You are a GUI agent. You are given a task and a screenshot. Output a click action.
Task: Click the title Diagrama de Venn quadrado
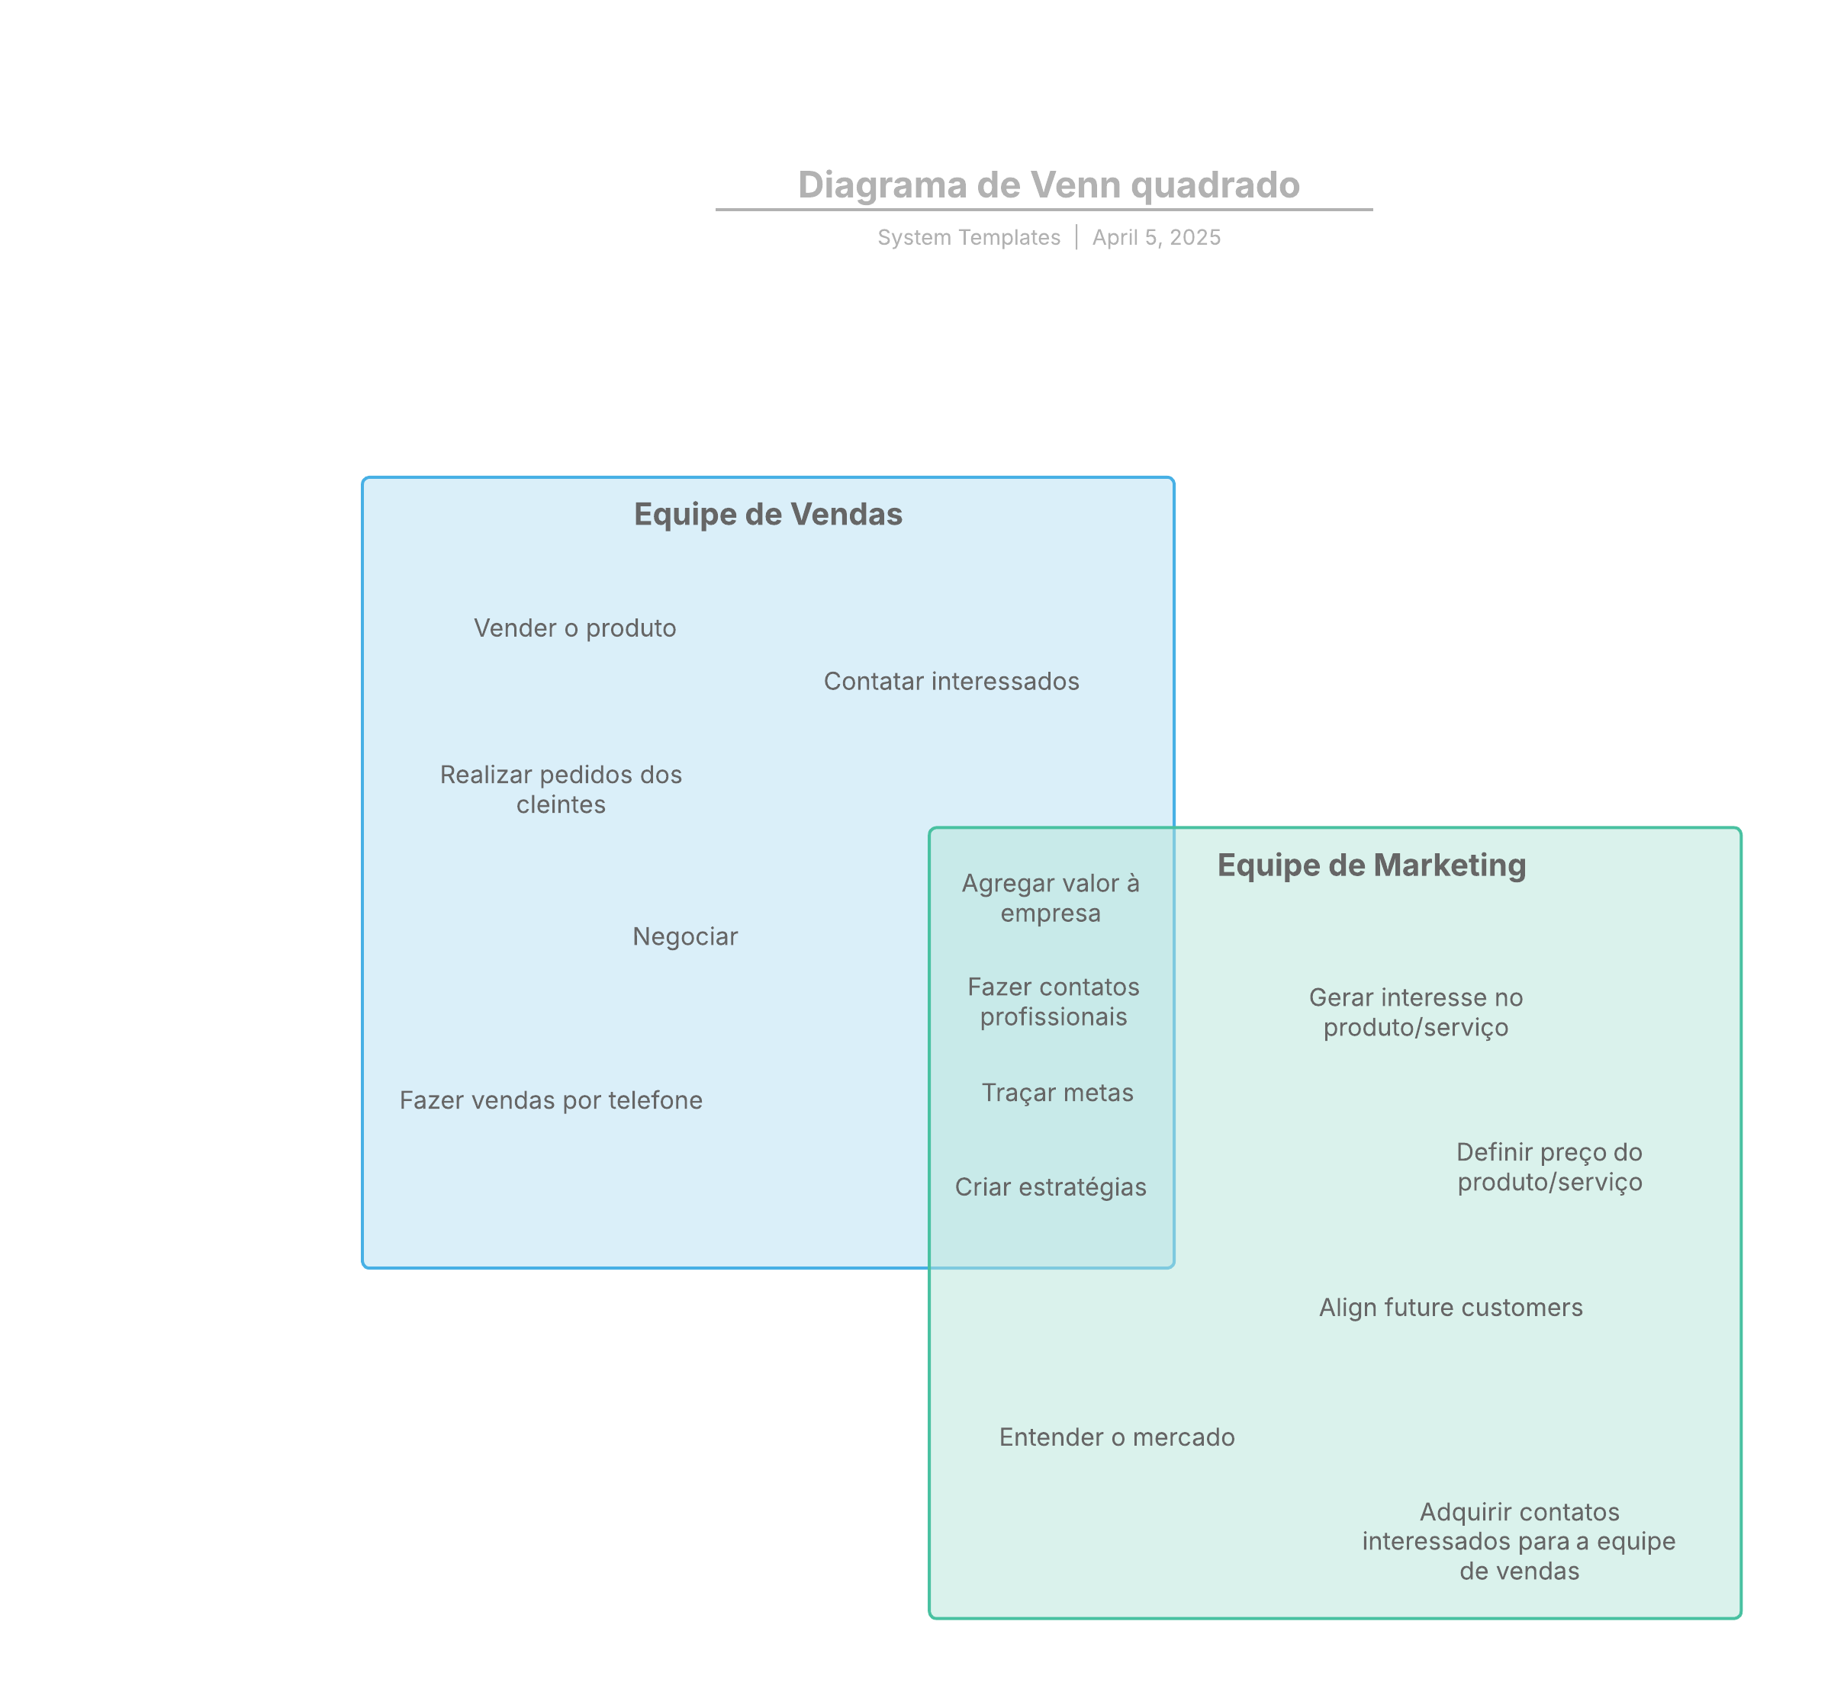pos(1048,185)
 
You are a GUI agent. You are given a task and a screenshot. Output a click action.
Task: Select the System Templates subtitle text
pos(969,238)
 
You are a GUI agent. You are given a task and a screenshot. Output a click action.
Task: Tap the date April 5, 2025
pos(1156,238)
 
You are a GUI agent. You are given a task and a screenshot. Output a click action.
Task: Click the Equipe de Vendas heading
pos(768,514)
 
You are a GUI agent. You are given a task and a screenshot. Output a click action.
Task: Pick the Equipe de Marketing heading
pos(1372,865)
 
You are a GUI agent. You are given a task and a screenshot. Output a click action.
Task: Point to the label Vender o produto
pos(574,628)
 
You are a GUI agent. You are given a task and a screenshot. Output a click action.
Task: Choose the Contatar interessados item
pos(951,682)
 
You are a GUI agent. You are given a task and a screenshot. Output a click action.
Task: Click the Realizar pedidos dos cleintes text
pos(561,789)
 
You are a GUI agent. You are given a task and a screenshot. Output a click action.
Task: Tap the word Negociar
pos(685,936)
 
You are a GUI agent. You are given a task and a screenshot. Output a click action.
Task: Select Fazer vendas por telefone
pos(551,1100)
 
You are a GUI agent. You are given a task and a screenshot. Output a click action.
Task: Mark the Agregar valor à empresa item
pos(1051,897)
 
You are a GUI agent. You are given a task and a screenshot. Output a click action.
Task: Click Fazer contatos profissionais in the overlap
pos(1054,1002)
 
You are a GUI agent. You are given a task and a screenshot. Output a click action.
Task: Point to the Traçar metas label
pos(1057,1093)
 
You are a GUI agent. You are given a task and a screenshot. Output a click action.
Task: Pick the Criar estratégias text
pos(1051,1187)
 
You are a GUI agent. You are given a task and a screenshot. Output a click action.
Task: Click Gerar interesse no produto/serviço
pos(1416,1012)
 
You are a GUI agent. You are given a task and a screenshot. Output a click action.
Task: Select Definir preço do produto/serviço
pos(1549,1167)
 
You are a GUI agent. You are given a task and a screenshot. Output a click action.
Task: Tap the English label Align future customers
pos(1450,1308)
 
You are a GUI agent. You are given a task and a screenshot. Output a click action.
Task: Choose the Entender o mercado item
pos(1116,1437)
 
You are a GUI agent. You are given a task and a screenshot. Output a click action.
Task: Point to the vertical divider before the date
pos(1076,238)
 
